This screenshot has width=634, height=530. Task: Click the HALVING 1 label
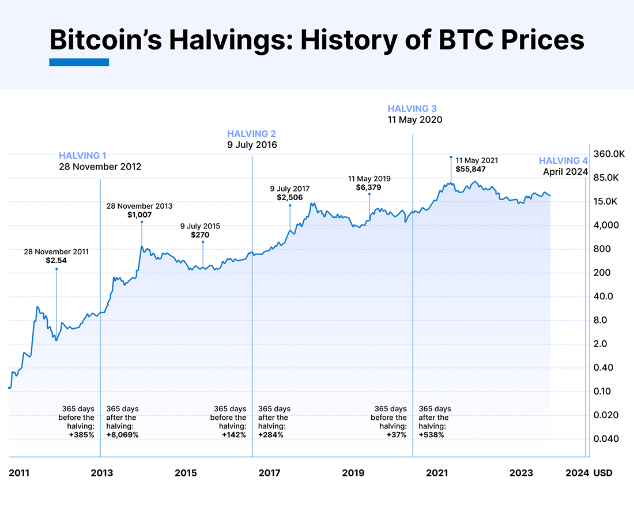tap(82, 155)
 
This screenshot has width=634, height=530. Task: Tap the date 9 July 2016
tap(252, 145)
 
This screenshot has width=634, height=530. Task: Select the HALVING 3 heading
tap(412, 108)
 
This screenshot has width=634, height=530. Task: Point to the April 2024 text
tap(565, 171)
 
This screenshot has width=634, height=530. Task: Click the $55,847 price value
tap(472, 170)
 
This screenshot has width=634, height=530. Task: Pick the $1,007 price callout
tap(139, 215)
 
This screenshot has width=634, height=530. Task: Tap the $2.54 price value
tap(56, 261)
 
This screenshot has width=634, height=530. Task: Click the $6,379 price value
tap(369, 187)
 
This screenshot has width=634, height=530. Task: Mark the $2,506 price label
tap(289, 197)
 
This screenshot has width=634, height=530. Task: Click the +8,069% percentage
tap(123, 434)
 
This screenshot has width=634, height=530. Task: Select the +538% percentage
tap(432, 434)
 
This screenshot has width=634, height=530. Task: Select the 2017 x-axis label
tap(269, 473)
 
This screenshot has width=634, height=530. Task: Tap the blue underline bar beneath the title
tap(79, 62)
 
